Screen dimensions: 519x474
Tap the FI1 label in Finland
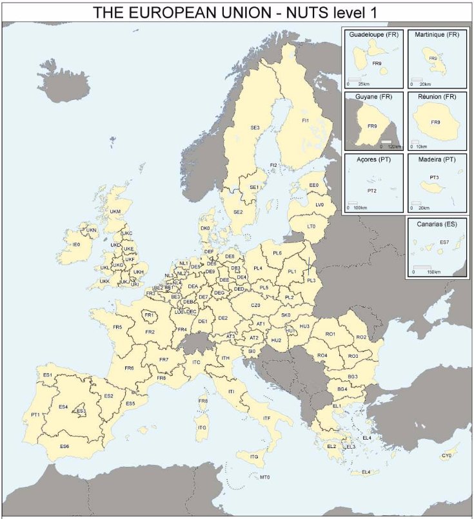click(x=305, y=121)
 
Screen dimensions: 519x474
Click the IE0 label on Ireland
click(x=76, y=245)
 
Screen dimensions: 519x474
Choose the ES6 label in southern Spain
click(x=64, y=446)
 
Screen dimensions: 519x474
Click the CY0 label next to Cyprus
click(x=446, y=456)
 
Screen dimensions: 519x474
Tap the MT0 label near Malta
click(x=264, y=478)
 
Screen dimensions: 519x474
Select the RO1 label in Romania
click(x=330, y=335)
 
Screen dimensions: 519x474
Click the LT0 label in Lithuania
click(x=311, y=226)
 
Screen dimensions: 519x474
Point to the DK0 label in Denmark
click(x=205, y=228)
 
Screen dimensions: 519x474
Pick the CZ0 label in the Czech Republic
click(x=255, y=305)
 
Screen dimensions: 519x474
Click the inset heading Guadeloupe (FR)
click(x=373, y=34)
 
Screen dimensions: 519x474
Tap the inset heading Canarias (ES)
click(x=437, y=224)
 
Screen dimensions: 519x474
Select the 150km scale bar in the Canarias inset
click(x=422, y=268)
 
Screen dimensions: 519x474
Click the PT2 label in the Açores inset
click(x=371, y=191)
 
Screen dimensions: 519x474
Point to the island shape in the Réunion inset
click(x=435, y=124)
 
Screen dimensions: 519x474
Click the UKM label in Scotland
click(x=115, y=211)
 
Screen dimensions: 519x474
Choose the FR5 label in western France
click(x=117, y=328)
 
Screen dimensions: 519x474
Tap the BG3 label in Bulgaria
click(x=353, y=377)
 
